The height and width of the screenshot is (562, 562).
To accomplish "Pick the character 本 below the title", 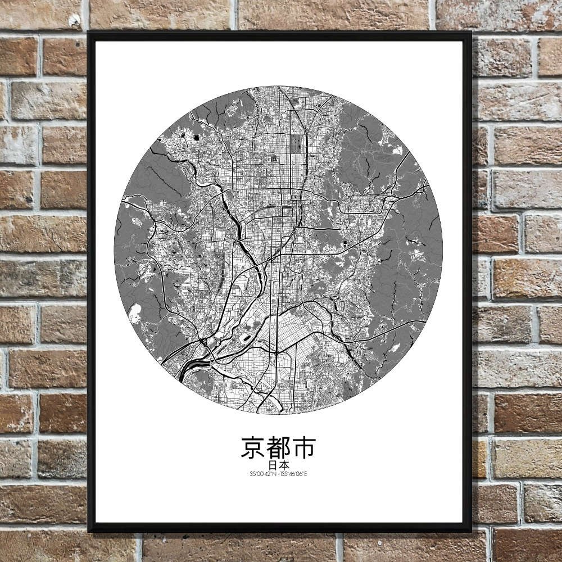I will pyautogui.click(x=285, y=465).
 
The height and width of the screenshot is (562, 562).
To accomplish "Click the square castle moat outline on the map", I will pyautogui.click(x=274, y=159).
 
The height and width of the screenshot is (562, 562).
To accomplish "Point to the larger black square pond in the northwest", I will pyautogui.click(x=197, y=137).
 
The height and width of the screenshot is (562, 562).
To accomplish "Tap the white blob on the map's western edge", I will pyautogui.click(x=135, y=314).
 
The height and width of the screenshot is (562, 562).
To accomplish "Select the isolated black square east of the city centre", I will pyautogui.click(x=344, y=243).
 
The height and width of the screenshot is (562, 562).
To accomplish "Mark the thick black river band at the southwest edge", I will pyautogui.click(x=191, y=366).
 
